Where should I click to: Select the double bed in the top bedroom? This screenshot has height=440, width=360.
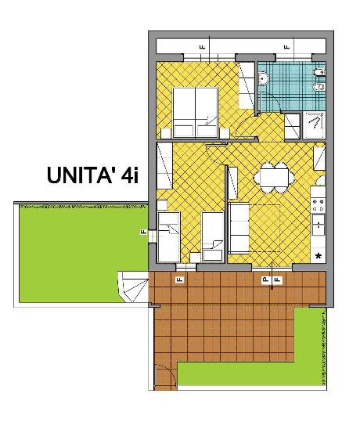[195, 112]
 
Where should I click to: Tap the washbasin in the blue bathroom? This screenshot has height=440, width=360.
[263, 78]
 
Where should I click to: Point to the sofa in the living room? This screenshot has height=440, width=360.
[239, 227]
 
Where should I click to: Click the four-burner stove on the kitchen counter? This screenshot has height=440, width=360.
[319, 205]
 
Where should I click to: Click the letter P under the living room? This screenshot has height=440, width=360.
[265, 280]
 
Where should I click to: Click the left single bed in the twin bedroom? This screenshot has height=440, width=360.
[168, 234]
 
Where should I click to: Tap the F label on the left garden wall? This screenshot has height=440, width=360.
[145, 233]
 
